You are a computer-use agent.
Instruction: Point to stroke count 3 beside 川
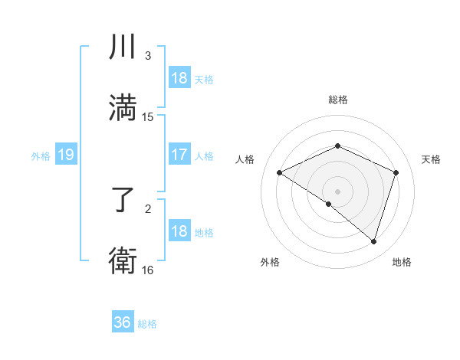pos(148,56)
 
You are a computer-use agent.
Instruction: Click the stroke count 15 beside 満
pos(148,117)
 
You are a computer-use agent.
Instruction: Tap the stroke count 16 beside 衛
pos(148,270)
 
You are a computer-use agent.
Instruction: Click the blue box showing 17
pos(179,155)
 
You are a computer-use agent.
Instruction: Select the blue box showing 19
pos(66,155)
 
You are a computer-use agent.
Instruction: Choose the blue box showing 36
pos(123,322)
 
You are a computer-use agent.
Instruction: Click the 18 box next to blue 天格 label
pos(179,78)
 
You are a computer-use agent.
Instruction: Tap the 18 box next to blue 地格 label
pos(179,231)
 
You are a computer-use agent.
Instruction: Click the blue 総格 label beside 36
pos(147,324)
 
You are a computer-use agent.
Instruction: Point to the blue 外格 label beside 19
pos(41,156)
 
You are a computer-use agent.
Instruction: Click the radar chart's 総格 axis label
pos(338,100)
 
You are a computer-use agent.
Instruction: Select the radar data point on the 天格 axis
pos(396,172)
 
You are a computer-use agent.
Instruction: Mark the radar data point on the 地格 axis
pos(373,241)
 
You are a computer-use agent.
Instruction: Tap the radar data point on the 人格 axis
pos(280,172)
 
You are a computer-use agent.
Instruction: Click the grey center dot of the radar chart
pos(338,191)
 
